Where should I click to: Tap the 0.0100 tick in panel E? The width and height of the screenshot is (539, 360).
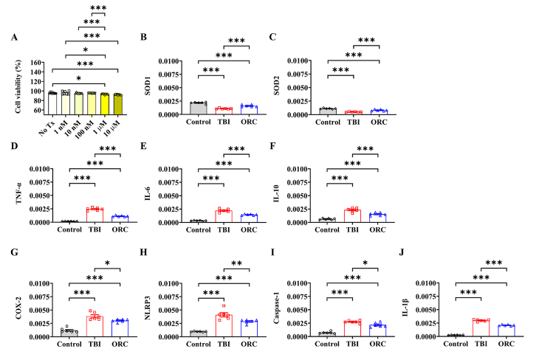tap(168, 169)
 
